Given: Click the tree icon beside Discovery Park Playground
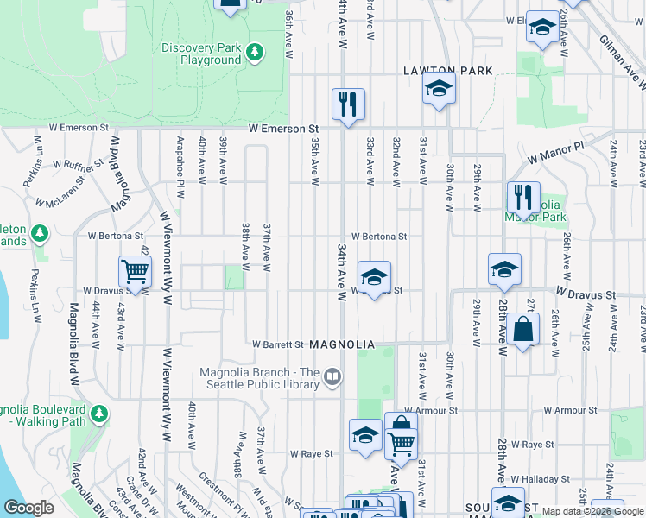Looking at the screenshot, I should pyautogui.click(x=254, y=54).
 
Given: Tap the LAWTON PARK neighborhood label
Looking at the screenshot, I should pyautogui.click(x=447, y=71).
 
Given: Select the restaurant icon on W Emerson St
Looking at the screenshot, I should pyautogui.click(x=349, y=104).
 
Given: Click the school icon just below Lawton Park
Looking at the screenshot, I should pyautogui.click(x=439, y=89).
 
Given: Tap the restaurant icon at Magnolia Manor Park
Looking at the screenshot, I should pyautogui.click(x=523, y=198).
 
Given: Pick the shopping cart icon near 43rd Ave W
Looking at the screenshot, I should pyautogui.click(x=136, y=272).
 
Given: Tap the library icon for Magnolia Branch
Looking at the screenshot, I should pyautogui.click(x=332, y=376).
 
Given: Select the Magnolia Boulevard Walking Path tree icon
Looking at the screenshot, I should pyautogui.click(x=100, y=415).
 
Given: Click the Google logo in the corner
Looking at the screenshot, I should pyautogui.click(x=28, y=508).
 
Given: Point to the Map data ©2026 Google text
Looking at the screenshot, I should pyautogui.click(x=592, y=511).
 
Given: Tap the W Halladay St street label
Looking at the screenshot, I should pyautogui.click(x=543, y=478).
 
